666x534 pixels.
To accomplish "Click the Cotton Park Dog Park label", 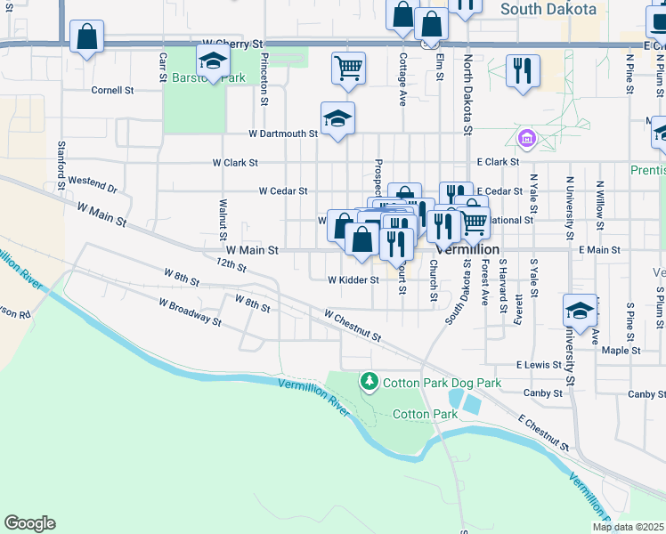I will pyautogui.click(x=442, y=383).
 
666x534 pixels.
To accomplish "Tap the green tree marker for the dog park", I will pyautogui.click(x=369, y=382).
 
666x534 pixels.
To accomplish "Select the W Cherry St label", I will pyautogui.click(x=234, y=43).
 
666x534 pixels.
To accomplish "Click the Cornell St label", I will pyautogui.click(x=112, y=90).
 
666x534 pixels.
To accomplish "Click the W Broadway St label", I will pyautogui.click(x=190, y=311).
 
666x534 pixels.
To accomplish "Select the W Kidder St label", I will pyautogui.click(x=353, y=279).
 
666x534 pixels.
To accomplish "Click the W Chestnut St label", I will pyautogui.click(x=353, y=326).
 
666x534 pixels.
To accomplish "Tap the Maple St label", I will pyautogui.click(x=621, y=351).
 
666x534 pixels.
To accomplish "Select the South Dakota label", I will pyautogui.click(x=548, y=9).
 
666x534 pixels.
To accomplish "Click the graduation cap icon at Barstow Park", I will pyautogui.click(x=214, y=61).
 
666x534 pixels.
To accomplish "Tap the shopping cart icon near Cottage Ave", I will pyautogui.click(x=348, y=67).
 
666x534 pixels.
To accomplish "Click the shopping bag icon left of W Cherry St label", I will pyautogui.click(x=87, y=37).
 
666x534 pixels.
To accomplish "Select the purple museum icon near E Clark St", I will pyautogui.click(x=526, y=139).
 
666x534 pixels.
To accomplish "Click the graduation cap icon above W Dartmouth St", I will pyautogui.click(x=337, y=118).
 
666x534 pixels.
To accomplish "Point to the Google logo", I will pyautogui.click(x=29, y=523).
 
